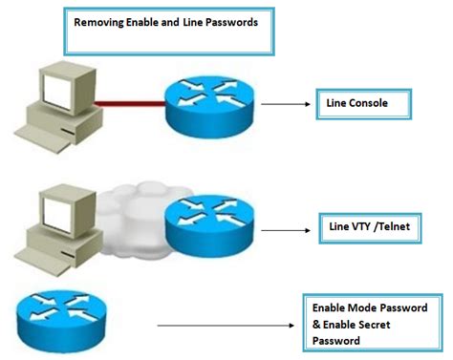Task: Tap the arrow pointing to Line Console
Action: [284, 103]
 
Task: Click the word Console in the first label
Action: [369, 103]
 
